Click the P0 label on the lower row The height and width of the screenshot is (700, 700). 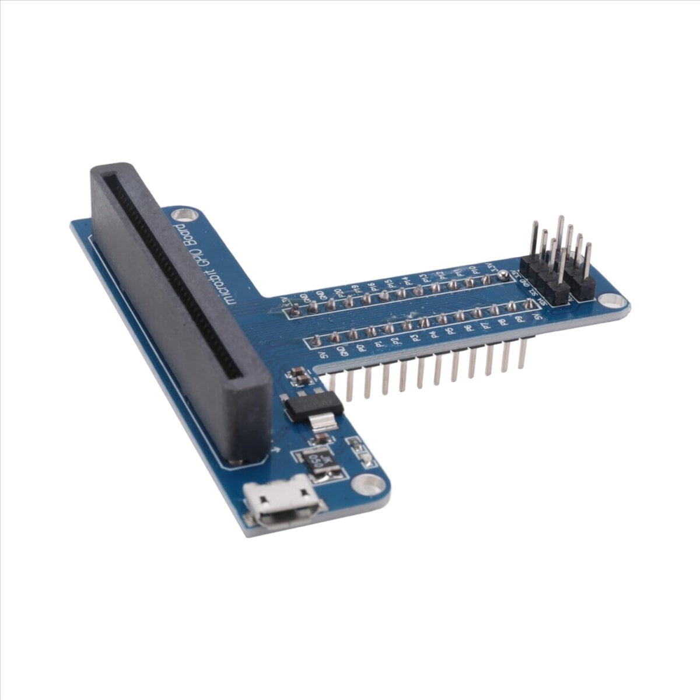point(362,348)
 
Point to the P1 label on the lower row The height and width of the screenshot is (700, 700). point(379,345)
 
